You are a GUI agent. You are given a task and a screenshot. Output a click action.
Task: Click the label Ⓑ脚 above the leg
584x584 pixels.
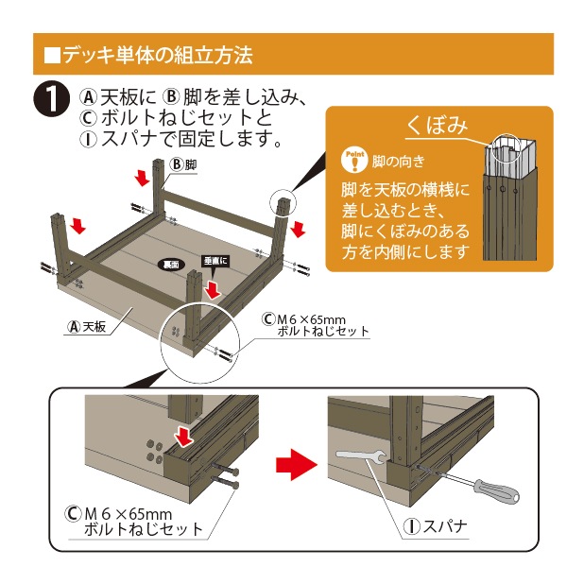(182, 164)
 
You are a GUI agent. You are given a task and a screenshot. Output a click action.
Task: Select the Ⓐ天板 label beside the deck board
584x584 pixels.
(86, 327)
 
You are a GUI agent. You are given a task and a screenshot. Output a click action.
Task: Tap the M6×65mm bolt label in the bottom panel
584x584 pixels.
(133, 521)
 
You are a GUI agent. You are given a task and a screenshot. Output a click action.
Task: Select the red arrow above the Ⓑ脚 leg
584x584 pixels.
(142, 177)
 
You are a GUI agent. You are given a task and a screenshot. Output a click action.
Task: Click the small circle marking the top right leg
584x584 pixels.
(283, 201)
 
